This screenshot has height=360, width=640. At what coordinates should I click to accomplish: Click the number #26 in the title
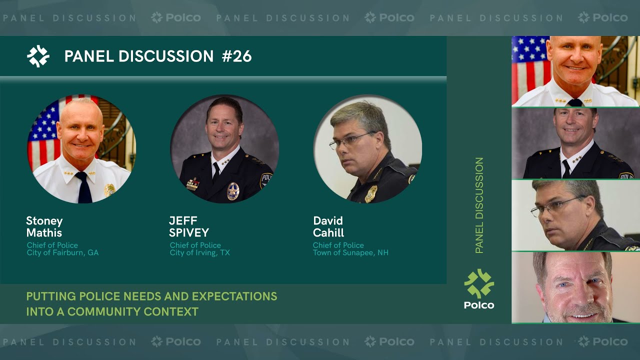[x=236, y=56]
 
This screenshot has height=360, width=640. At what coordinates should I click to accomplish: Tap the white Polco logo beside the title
[x=38, y=56]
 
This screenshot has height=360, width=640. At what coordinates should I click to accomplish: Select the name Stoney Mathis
[x=44, y=226]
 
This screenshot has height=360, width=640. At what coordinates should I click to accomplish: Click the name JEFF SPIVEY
[x=189, y=226]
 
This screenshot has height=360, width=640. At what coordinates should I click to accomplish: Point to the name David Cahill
[x=328, y=226]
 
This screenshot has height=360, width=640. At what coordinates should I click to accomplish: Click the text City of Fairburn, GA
[x=62, y=253]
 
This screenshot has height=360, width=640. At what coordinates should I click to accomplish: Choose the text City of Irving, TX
[x=199, y=253]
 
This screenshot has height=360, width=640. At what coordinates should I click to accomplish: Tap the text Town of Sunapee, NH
[x=350, y=253]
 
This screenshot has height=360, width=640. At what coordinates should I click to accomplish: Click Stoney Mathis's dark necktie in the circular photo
[x=83, y=187]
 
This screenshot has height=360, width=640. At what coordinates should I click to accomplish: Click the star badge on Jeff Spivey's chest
[x=233, y=191]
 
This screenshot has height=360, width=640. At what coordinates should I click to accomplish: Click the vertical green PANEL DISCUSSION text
[x=479, y=205]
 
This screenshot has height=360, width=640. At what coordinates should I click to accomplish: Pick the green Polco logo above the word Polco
[x=479, y=283]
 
